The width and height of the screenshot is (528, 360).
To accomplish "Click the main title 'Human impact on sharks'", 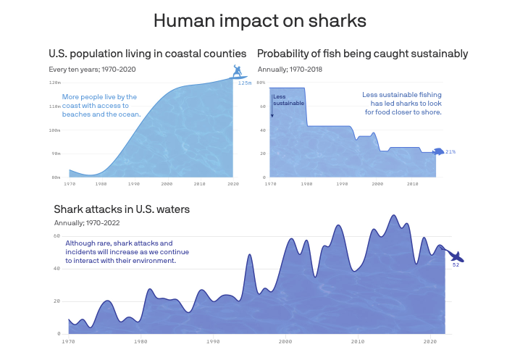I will tap(264, 21).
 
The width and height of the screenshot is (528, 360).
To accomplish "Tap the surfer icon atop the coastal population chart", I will tap(236, 71).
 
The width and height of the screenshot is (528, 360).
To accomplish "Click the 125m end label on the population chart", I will tap(245, 83).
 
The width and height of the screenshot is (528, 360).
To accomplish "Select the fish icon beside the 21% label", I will tap(437, 152).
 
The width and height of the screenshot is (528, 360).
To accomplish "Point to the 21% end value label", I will tap(451, 152).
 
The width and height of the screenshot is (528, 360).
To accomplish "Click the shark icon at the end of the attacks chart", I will tap(456, 256).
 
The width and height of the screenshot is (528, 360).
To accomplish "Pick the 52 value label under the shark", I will tap(456, 265).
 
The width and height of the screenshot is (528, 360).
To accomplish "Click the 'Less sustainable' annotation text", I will tap(284, 100).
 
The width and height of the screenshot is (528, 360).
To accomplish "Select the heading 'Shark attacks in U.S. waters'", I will tap(122, 209).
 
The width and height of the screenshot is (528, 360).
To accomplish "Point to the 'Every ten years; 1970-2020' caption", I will tap(92, 70).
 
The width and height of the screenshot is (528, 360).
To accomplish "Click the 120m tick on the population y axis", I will tap(55, 83).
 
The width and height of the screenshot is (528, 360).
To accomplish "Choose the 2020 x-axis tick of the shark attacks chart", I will tap(429, 340).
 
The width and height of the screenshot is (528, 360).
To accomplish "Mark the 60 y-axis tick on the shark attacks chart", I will tap(57, 236).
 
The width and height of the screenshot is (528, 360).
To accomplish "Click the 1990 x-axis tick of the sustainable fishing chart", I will tap(342, 184).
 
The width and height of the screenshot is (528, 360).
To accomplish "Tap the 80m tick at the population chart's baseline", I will tap(55, 177).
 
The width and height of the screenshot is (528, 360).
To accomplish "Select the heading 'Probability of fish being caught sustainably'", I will tap(362, 54).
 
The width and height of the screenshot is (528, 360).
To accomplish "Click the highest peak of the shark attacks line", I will tap(393, 215).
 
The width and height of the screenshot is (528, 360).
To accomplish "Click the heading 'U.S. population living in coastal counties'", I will tap(147, 54).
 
